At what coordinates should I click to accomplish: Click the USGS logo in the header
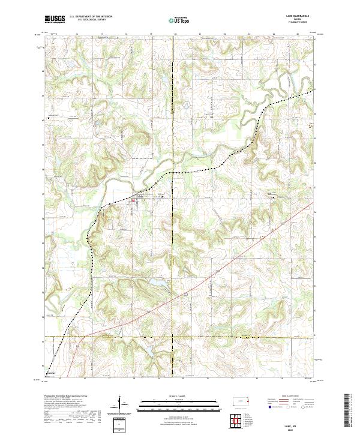[x=55, y=19]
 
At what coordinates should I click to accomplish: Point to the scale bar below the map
[x=169, y=404]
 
